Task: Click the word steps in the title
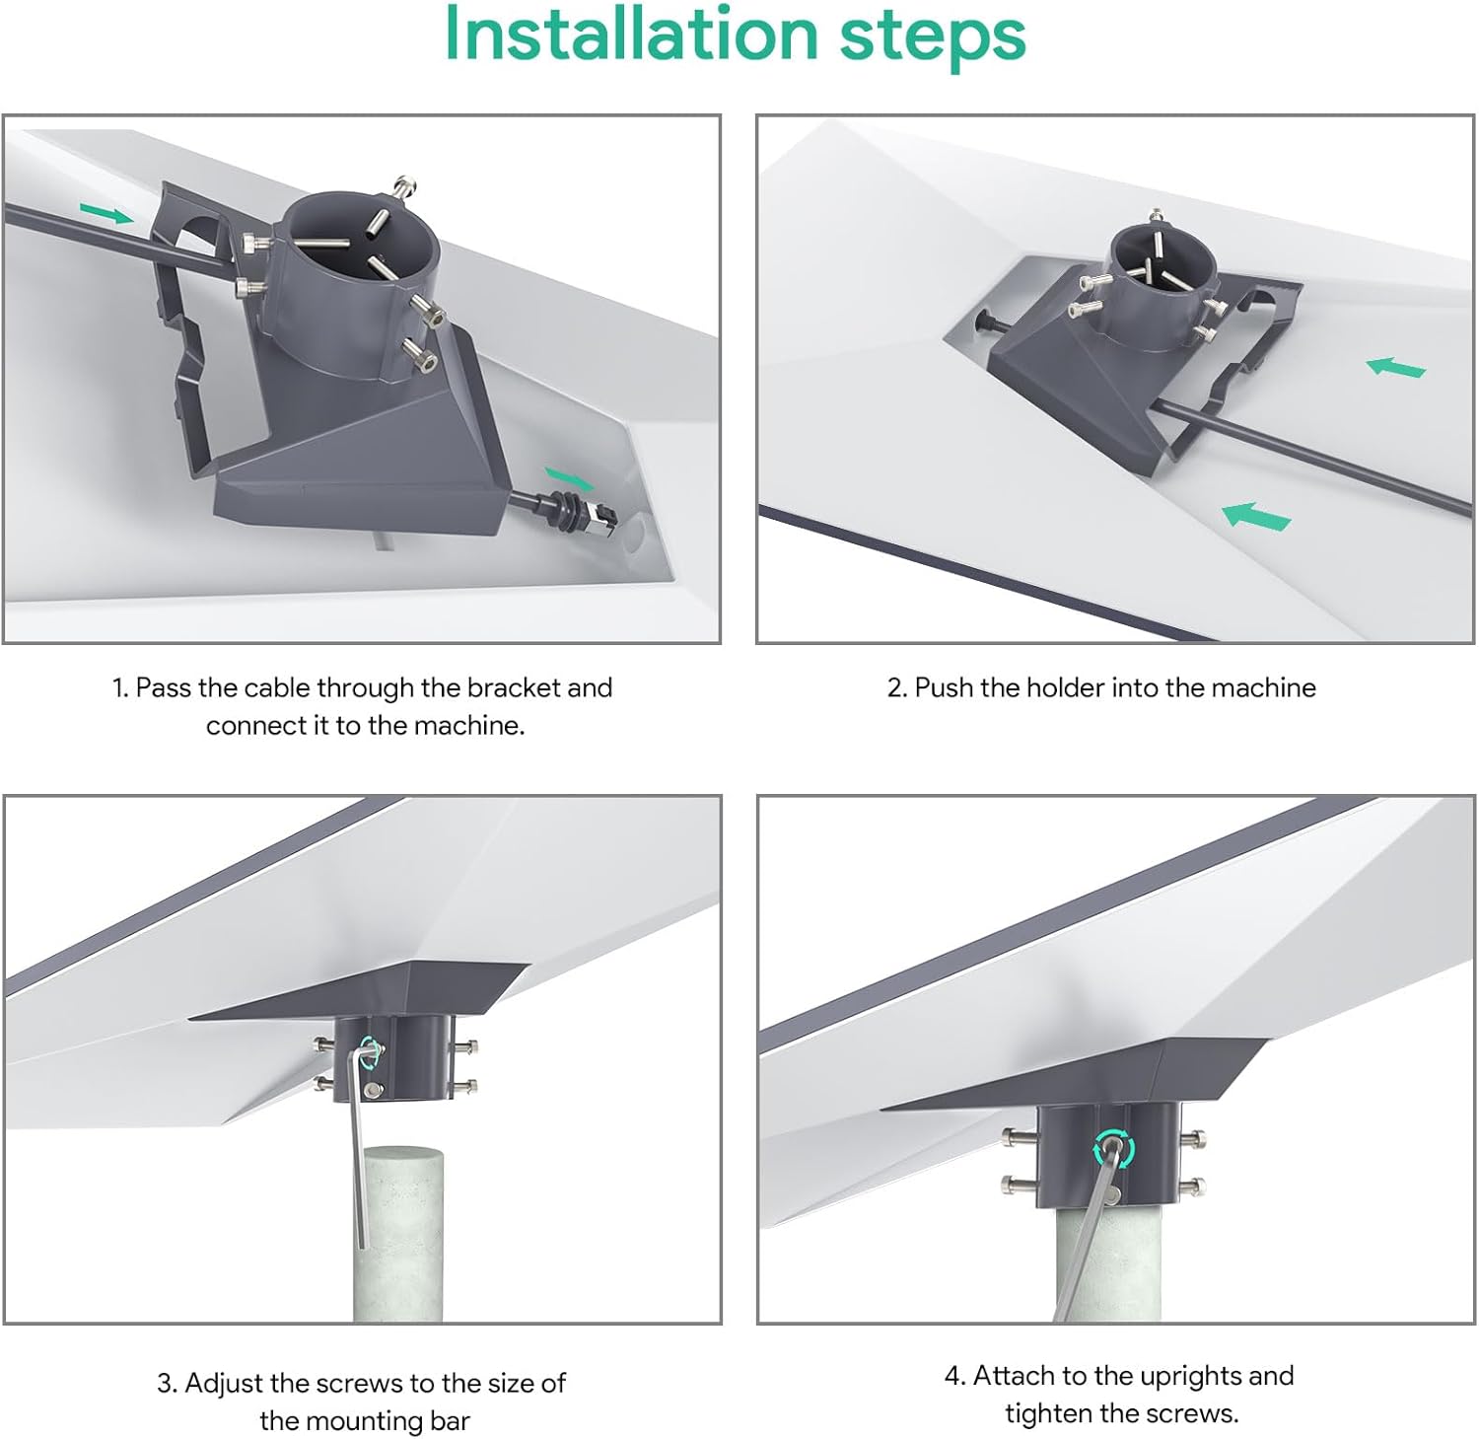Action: [932, 36]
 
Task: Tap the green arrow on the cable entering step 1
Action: [106, 213]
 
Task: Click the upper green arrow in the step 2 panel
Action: [1396, 367]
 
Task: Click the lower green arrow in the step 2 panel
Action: [1256, 516]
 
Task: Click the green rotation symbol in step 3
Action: [372, 1051]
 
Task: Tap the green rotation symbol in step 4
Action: [1113, 1148]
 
